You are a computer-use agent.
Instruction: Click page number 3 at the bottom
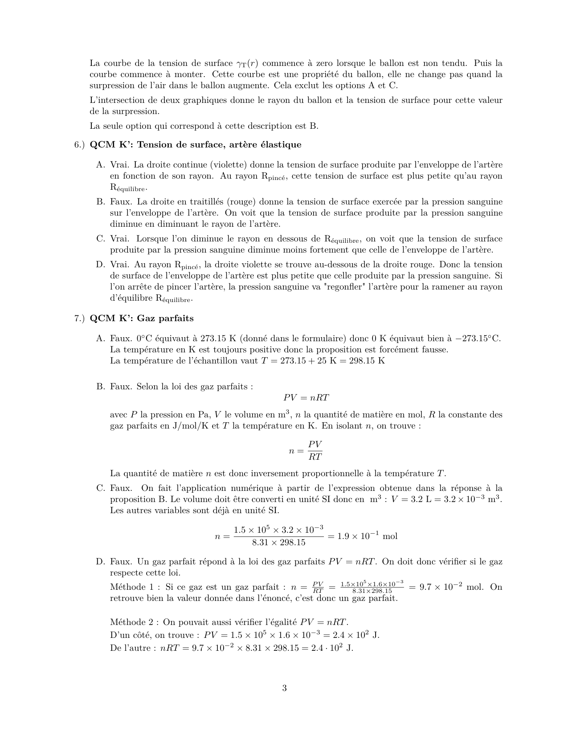click(x=284, y=688)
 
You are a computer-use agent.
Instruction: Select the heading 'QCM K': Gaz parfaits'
click(x=142, y=318)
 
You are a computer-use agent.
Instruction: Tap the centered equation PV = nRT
click(x=306, y=397)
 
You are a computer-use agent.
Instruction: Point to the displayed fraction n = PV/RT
click(x=306, y=450)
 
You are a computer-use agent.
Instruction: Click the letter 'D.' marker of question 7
click(x=101, y=562)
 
